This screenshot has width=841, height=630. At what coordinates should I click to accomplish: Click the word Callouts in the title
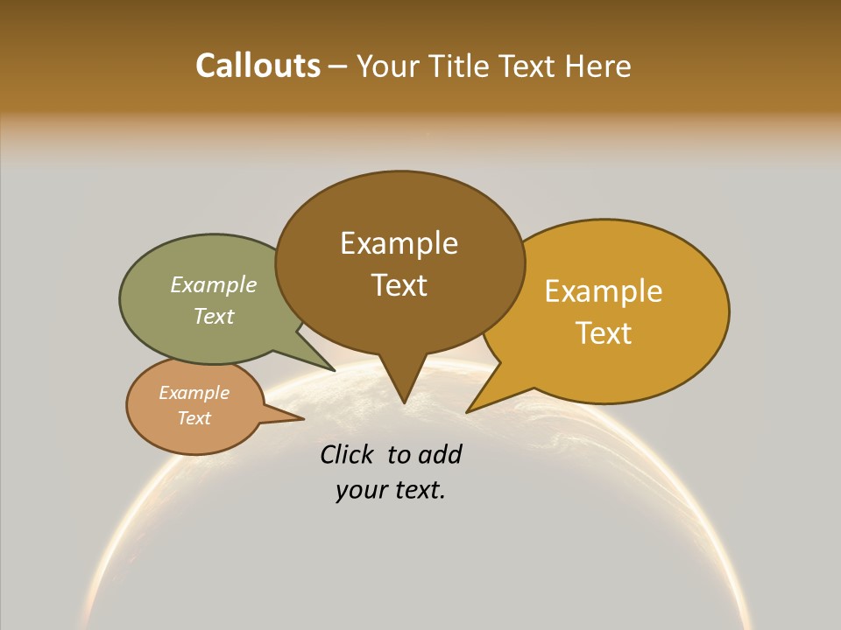click(258, 66)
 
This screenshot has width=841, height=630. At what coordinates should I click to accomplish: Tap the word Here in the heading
click(597, 66)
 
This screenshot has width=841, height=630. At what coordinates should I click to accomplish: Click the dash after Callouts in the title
click(337, 66)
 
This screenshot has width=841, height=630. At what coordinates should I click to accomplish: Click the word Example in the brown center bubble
click(399, 243)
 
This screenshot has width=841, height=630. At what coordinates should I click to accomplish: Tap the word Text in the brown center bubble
click(399, 285)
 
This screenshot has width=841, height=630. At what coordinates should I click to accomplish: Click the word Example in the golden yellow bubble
click(604, 291)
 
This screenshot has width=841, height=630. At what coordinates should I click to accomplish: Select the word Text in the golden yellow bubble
click(604, 333)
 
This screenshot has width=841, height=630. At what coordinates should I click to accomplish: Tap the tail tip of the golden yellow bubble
click(469, 410)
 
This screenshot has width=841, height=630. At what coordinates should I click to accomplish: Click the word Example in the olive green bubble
click(213, 285)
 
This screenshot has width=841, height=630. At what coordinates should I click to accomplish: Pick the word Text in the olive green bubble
click(213, 316)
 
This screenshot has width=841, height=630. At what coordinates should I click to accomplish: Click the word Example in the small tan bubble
click(194, 393)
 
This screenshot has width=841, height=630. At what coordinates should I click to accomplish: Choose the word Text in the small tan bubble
click(194, 418)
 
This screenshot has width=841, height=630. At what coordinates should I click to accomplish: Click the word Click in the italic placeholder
click(346, 454)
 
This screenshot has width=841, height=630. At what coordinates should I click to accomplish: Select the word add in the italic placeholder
click(440, 454)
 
